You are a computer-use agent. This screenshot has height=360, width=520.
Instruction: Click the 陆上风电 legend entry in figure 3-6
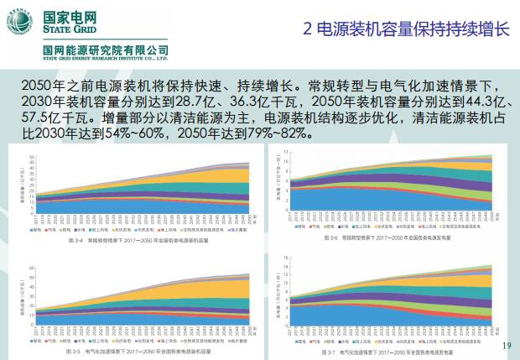366,227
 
